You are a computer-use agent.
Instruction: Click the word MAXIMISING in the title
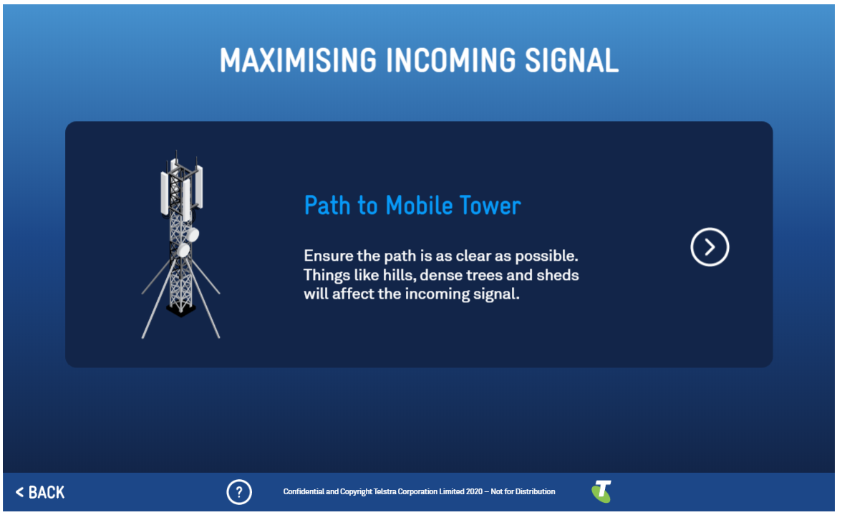[298, 60]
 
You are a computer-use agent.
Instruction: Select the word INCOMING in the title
[451, 60]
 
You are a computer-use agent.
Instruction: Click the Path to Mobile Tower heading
[412, 206]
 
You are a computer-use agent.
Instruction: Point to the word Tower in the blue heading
[490, 206]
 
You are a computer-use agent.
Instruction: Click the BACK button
[40, 493]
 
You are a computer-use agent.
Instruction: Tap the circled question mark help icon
[239, 492]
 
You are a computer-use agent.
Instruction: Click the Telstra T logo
[601, 491]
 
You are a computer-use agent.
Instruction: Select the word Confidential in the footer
[304, 491]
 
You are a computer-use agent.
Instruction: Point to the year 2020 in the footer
[474, 491]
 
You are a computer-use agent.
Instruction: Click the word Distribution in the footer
[536, 491]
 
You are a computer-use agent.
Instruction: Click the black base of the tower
[181, 309]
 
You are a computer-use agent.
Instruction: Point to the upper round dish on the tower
[193, 235]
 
